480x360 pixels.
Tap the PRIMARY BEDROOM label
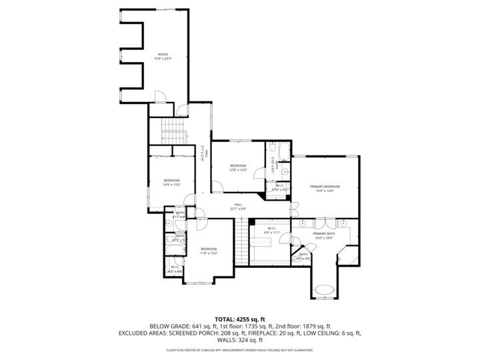[x=325, y=188]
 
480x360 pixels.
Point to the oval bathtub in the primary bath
[x=325, y=290]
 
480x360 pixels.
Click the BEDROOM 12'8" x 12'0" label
[x=238, y=167]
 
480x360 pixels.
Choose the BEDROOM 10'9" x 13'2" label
[x=172, y=183]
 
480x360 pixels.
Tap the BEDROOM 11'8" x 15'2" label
[x=209, y=251]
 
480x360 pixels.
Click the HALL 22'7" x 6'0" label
[x=238, y=207]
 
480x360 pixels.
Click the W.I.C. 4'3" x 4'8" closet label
[x=175, y=270]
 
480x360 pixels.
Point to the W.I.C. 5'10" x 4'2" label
[x=280, y=188]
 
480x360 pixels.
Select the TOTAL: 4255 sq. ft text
[x=239, y=319]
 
